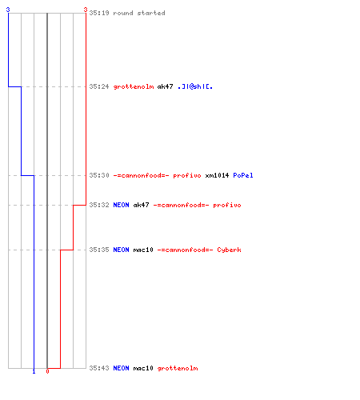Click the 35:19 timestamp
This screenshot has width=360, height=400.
99,13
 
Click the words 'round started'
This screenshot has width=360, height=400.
139,13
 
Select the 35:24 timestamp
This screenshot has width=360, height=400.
99,86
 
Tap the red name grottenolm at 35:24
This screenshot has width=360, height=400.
134,86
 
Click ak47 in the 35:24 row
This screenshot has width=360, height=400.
165,86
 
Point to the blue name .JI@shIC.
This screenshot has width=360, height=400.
195,86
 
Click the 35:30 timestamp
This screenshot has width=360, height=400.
99,175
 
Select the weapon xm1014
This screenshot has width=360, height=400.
217,175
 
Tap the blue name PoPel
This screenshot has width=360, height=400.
243,175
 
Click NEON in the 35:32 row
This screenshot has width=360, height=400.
121,205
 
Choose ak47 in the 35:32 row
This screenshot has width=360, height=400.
141,205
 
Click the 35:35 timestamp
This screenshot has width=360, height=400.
99,250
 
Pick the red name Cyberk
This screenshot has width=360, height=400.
229,250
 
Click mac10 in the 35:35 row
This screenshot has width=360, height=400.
143,250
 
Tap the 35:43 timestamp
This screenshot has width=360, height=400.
99,368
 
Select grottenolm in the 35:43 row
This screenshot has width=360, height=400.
178,368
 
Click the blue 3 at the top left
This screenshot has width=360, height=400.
8,10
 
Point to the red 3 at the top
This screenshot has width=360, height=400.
86,10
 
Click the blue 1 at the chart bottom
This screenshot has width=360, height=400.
34,371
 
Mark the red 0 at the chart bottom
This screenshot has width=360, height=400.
47,371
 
